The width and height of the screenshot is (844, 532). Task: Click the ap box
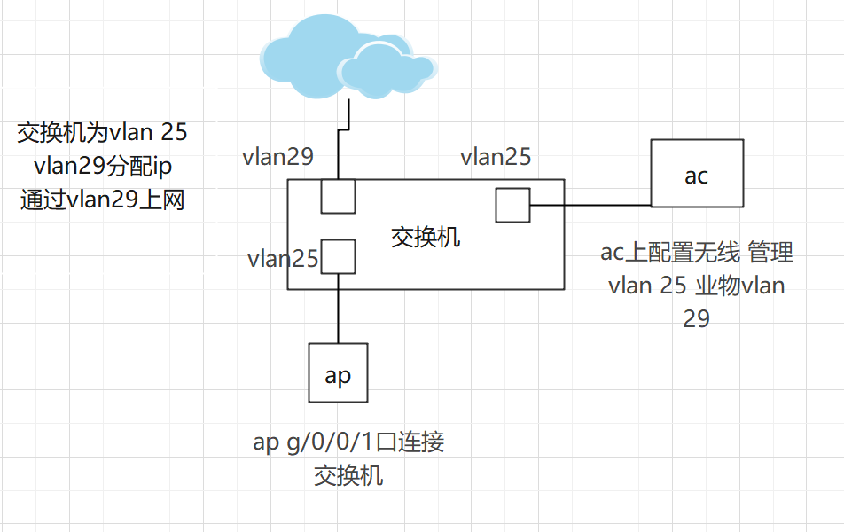[338, 373]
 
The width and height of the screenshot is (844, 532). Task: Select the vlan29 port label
[278, 157]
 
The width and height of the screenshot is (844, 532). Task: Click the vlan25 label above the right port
[496, 157]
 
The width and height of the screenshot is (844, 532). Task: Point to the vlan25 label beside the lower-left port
[283, 259]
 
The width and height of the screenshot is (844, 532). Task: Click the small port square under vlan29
[338, 196]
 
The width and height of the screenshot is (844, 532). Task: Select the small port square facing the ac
[512, 205]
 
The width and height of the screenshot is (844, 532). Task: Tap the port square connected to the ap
[338, 256]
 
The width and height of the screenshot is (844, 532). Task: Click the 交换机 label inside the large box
[426, 237]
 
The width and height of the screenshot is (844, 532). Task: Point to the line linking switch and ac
[590, 206]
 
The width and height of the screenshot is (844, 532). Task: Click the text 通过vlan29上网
[102, 199]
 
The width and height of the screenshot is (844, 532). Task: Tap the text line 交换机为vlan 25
[103, 133]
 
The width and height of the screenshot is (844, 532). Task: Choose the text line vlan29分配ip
[103, 166]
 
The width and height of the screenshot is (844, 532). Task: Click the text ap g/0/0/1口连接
[348, 442]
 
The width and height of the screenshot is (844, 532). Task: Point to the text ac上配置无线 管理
[697, 253]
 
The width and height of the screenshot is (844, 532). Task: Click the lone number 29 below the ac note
[696, 318]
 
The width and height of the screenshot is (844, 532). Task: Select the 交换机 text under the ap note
[348, 475]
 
